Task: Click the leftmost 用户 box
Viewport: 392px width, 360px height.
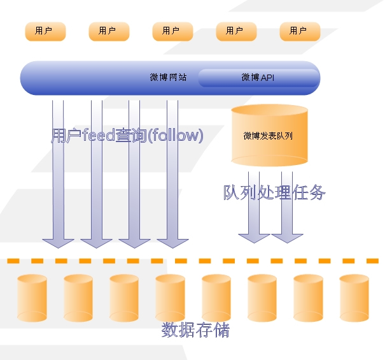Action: (45, 31)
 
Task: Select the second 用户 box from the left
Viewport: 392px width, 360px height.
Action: (109, 31)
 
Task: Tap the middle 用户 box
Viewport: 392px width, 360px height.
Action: (172, 31)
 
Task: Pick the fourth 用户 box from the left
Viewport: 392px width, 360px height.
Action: (236, 31)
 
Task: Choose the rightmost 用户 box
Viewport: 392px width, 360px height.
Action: (300, 31)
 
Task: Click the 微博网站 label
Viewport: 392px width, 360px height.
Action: (168, 78)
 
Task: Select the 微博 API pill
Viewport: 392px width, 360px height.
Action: (258, 78)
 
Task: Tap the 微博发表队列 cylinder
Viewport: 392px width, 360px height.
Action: (269, 136)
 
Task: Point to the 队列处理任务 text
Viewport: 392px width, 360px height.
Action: (274, 192)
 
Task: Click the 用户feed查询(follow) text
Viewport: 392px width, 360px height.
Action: (127, 135)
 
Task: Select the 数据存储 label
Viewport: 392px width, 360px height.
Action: (195, 330)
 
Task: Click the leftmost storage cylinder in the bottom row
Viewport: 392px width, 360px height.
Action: (32, 298)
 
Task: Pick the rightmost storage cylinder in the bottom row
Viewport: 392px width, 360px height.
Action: (354, 298)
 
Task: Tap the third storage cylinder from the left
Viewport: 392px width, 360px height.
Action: (124, 298)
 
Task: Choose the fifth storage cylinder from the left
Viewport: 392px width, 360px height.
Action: (216, 298)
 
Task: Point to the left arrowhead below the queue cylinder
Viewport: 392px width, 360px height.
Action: (254, 236)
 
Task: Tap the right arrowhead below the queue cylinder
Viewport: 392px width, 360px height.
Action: (287, 236)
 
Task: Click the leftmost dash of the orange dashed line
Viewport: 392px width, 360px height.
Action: (13, 261)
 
